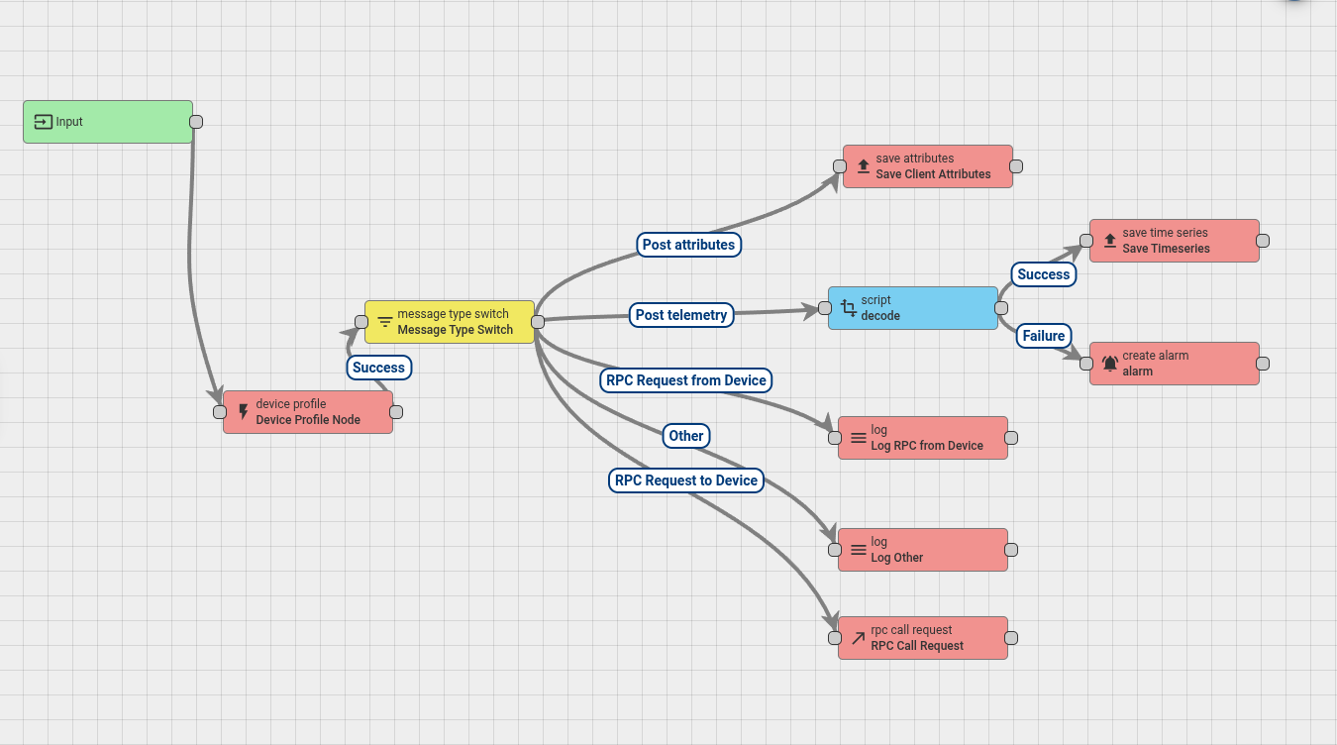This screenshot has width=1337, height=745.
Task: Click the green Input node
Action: pyautogui.click(x=107, y=122)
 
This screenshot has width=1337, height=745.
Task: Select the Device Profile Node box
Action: pyautogui.click(x=308, y=412)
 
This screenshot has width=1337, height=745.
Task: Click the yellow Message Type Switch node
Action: pyautogui.click(x=450, y=322)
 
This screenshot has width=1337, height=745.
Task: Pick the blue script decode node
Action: pyautogui.click(x=913, y=308)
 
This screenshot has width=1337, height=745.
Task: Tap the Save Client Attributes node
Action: pyautogui.click(x=928, y=166)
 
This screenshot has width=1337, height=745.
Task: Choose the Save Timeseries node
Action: pyautogui.click(x=1175, y=241)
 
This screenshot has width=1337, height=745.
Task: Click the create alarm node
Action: pyautogui.click(x=1175, y=364)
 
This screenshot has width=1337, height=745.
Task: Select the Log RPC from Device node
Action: pyautogui.click(x=923, y=438)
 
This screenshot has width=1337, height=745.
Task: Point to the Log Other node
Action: pyautogui.click(x=923, y=550)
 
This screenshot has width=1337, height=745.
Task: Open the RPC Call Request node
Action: pyautogui.click(x=923, y=638)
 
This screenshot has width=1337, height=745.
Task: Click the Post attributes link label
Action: pyautogui.click(x=688, y=245)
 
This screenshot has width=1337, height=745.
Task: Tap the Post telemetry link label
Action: pyautogui.click(x=681, y=315)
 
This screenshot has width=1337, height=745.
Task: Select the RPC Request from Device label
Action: pyautogui.click(x=686, y=380)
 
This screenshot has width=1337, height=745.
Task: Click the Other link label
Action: pyautogui.click(x=685, y=436)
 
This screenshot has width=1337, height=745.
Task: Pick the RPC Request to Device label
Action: pyautogui.click(x=686, y=480)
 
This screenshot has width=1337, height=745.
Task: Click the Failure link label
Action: pyautogui.click(x=1043, y=336)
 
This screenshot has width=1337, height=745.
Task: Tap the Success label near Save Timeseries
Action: pyautogui.click(x=1044, y=274)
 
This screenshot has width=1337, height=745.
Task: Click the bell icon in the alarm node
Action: pyautogui.click(x=1109, y=364)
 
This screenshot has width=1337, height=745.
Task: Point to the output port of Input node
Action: pyautogui.click(x=196, y=122)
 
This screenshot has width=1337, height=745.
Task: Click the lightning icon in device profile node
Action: pyautogui.click(x=244, y=412)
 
